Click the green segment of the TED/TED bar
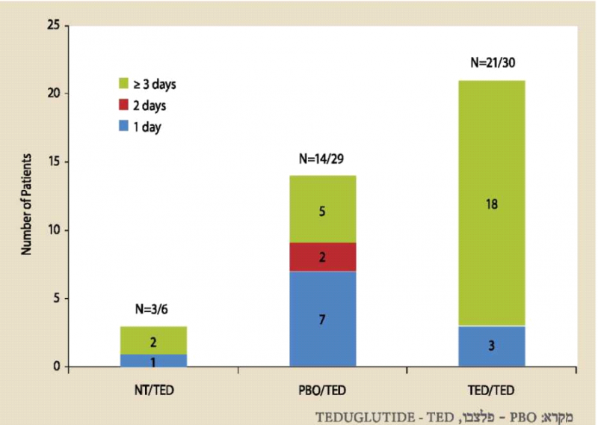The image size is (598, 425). (491, 203)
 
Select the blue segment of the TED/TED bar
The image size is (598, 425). (491, 346)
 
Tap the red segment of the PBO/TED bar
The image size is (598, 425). (322, 257)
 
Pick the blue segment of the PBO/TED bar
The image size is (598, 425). (322, 319)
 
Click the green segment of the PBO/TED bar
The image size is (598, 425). (322, 210)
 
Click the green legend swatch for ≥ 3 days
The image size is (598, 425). (123, 84)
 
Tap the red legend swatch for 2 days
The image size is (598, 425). (123, 106)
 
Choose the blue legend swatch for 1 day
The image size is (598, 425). (123, 127)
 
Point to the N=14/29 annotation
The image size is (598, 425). (322, 159)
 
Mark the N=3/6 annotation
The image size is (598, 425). (152, 311)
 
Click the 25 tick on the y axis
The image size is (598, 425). (53, 25)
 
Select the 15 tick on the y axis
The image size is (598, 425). (53, 162)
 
